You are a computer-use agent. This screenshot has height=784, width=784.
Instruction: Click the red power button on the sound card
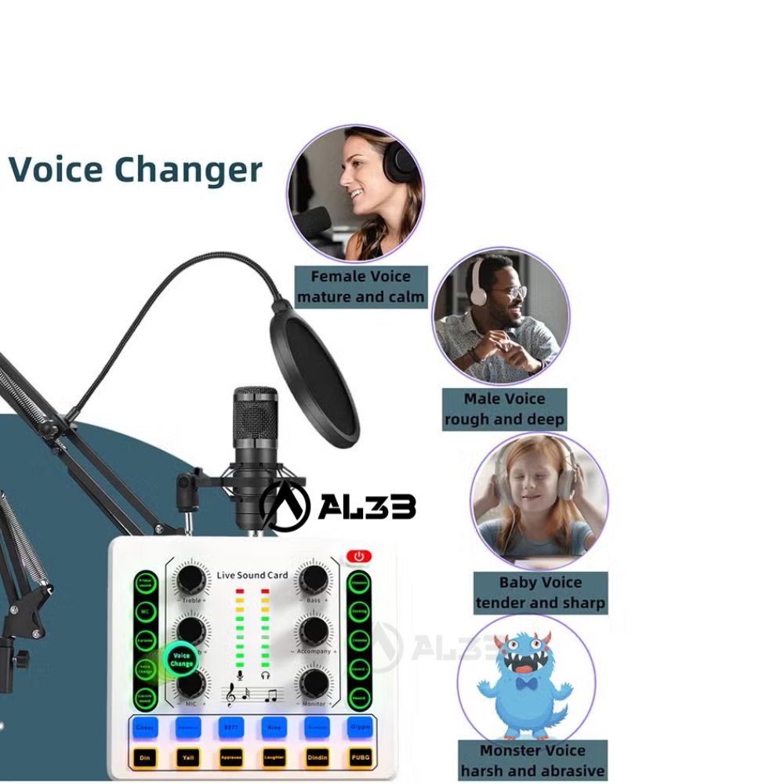(x=359, y=557)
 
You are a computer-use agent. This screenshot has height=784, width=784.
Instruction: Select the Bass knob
(x=314, y=579)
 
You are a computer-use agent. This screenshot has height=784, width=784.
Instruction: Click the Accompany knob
(x=314, y=630)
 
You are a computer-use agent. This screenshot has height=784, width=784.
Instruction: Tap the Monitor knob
(x=314, y=682)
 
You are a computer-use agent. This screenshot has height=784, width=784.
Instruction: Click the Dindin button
(x=318, y=758)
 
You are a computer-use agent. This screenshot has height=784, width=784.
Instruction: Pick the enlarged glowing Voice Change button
(x=181, y=660)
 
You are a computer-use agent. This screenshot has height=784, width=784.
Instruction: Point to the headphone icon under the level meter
(x=266, y=674)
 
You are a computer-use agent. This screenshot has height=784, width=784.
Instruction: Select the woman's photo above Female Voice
(x=355, y=194)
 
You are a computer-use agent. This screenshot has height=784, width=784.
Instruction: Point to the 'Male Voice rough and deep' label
(x=504, y=408)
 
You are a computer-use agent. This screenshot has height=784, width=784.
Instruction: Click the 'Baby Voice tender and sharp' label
(x=540, y=593)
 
